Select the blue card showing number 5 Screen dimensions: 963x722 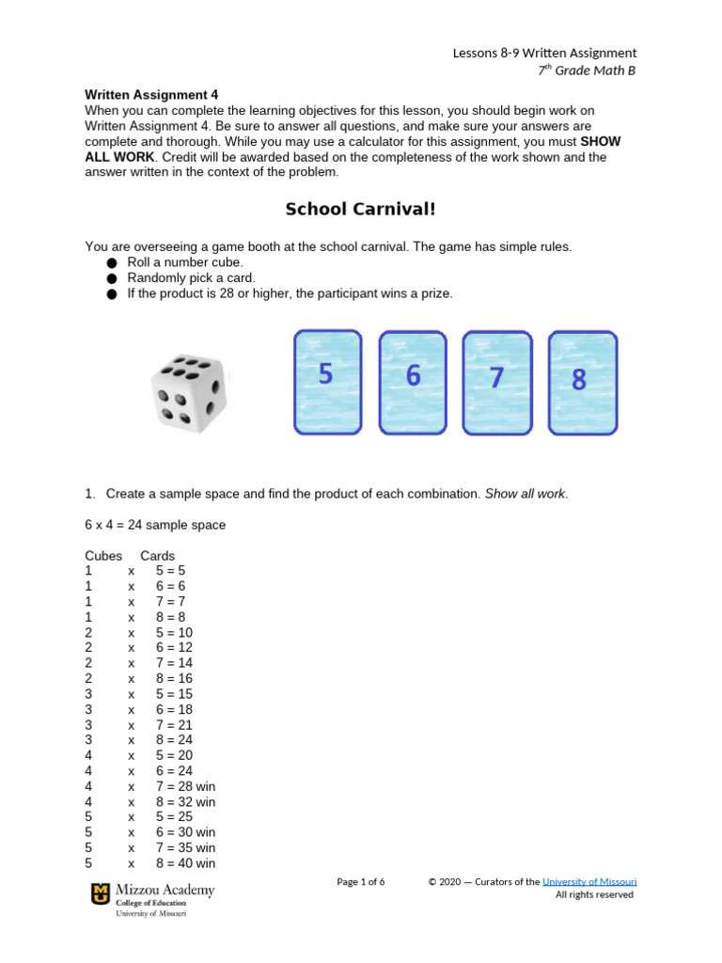tap(327, 382)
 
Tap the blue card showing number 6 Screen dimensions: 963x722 tap(412, 382)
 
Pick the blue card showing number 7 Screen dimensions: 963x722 tap(496, 382)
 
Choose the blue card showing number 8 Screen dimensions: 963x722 tap(582, 382)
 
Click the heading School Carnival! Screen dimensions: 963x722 tap(361, 209)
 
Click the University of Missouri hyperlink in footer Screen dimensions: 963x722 tap(589, 881)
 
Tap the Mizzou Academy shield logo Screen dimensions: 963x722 tap(99, 894)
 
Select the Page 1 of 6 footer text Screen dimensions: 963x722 tap(361, 881)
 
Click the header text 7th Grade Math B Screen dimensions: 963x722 tap(584, 71)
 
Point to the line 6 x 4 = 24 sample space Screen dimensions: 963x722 tap(155, 525)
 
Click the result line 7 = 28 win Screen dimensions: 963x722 tap(186, 786)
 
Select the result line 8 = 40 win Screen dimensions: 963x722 tap(186, 863)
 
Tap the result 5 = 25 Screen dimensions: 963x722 tap(175, 817)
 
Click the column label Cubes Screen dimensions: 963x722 tap(103, 556)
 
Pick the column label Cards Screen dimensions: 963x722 tap(157, 556)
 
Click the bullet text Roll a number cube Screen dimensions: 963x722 tap(185, 262)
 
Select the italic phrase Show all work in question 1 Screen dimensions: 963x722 tap(526, 494)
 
